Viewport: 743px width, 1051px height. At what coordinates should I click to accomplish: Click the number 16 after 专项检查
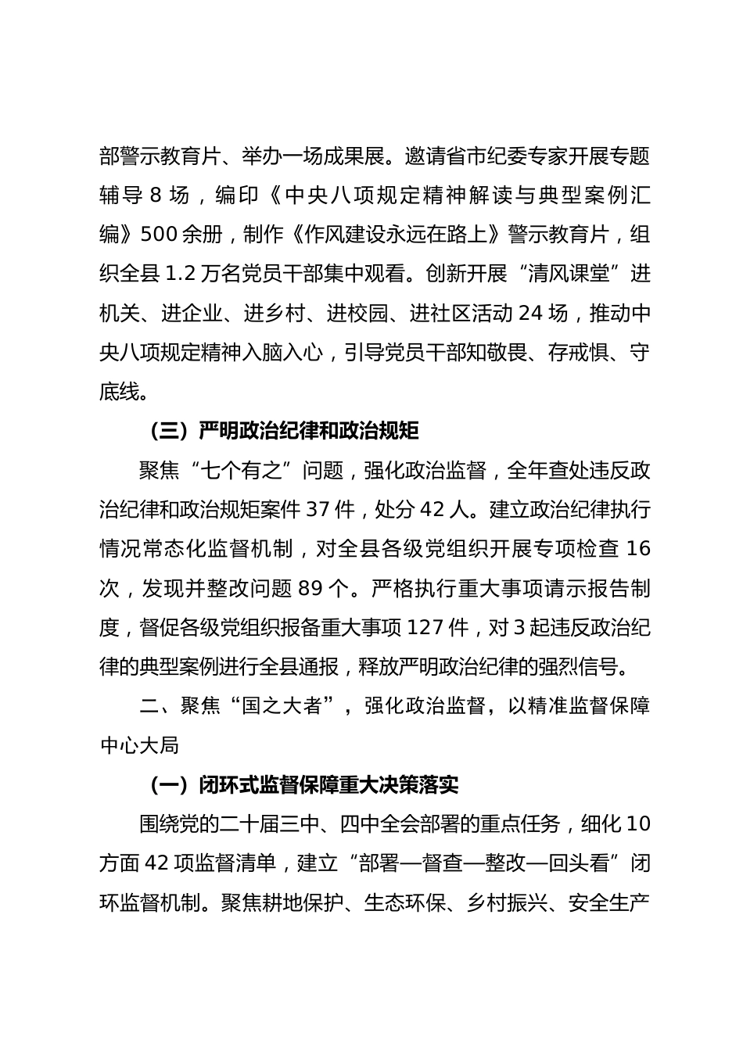coord(638,548)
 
